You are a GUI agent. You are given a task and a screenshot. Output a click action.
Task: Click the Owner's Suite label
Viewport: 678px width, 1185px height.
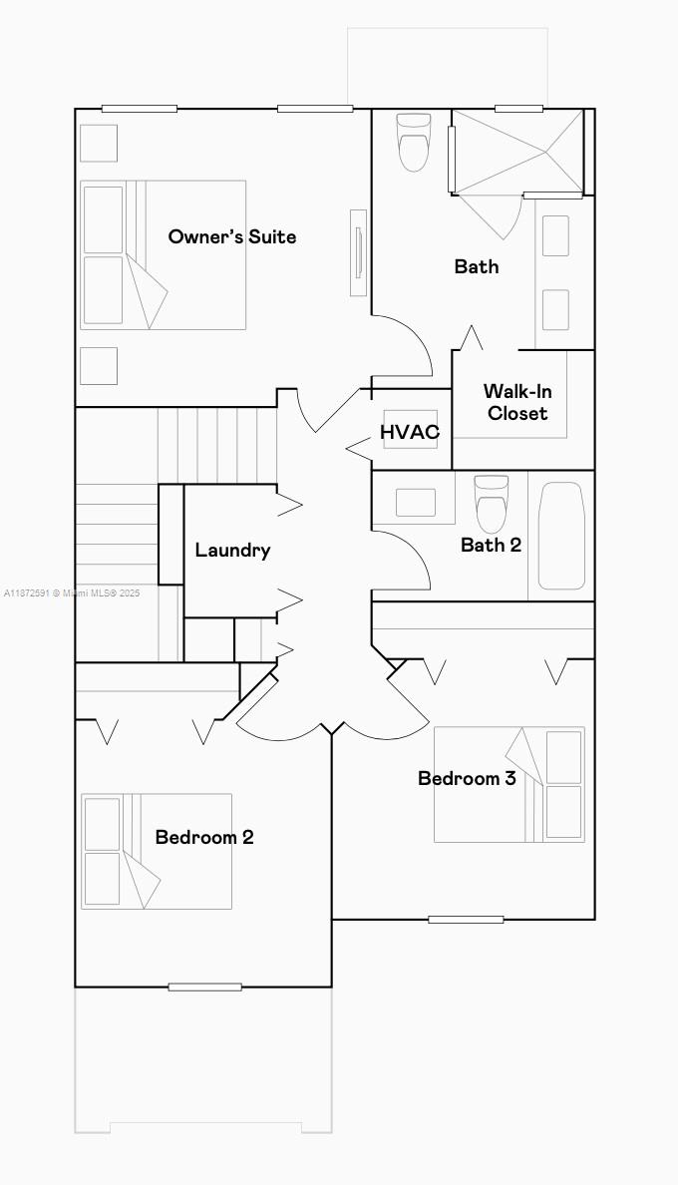click(x=231, y=236)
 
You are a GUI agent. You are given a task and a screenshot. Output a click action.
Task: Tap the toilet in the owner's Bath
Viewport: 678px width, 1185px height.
click(x=413, y=142)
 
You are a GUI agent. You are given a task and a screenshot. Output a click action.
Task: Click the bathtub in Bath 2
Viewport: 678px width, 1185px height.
click(x=561, y=536)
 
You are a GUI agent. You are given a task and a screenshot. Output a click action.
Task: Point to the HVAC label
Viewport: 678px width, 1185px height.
click(x=409, y=432)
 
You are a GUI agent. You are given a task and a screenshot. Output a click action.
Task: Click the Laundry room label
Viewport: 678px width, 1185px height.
click(x=232, y=550)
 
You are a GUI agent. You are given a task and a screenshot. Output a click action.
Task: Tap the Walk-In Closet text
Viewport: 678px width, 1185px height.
click(x=516, y=402)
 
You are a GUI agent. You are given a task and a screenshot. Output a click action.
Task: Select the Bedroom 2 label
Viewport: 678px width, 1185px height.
click(x=203, y=837)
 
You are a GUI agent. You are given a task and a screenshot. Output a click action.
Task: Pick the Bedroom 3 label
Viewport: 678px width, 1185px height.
click(x=467, y=778)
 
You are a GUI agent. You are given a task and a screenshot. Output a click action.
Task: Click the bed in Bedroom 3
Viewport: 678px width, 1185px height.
click(x=508, y=784)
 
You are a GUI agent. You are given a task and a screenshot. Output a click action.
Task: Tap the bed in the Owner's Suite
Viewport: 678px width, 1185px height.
click(x=163, y=254)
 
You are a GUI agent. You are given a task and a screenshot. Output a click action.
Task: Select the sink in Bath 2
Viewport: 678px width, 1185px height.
click(x=415, y=502)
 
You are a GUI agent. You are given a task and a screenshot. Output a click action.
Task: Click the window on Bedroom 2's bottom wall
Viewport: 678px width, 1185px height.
click(x=204, y=987)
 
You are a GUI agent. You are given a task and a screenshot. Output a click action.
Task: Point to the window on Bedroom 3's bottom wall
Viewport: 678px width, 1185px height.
click(x=466, y=919)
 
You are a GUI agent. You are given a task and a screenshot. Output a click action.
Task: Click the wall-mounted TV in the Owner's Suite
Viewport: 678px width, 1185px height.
click(x=358, y=252)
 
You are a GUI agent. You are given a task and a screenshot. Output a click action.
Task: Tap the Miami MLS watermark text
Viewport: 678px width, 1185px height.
click(x=72, y=592)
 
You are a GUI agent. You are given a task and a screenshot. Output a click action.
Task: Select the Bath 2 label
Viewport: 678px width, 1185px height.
click(x=491, y=545)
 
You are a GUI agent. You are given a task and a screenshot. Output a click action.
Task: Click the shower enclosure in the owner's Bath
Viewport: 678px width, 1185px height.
click(x=516, y=152)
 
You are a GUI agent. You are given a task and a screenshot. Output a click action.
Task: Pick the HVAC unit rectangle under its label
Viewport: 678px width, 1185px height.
click(x=410, y=439)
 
